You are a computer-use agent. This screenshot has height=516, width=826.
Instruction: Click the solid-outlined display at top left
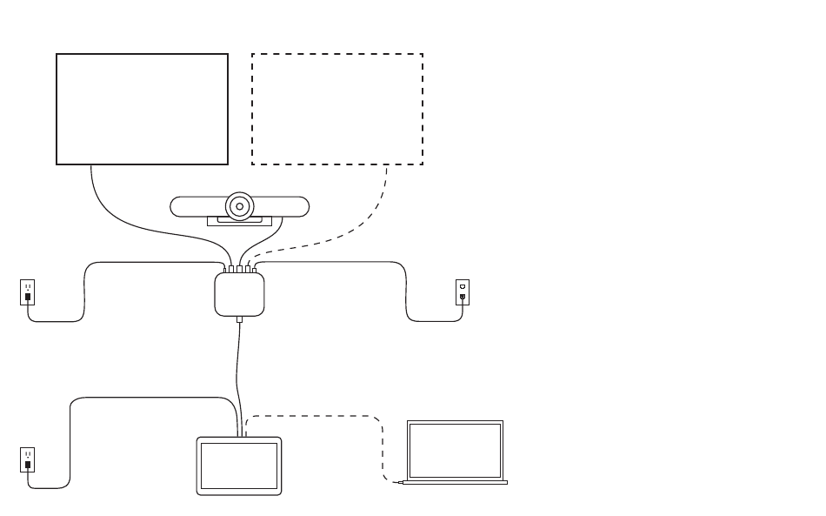[142, 109]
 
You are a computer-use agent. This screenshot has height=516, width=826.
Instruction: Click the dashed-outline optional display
[337, 109]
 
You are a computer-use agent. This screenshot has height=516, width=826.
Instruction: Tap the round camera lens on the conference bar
[239, 207]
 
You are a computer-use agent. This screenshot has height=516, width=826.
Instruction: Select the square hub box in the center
[239, 294]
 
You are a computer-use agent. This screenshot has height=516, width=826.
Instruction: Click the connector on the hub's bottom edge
[239, 319]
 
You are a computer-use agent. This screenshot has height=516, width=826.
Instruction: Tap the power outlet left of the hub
[28, 292]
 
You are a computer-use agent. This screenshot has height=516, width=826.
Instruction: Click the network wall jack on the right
[463, 292]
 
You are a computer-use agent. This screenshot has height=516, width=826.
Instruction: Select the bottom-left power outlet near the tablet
[28, 459]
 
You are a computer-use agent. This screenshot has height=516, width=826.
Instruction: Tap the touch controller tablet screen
[239, 466]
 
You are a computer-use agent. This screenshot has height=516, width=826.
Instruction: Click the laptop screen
[455, 450]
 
